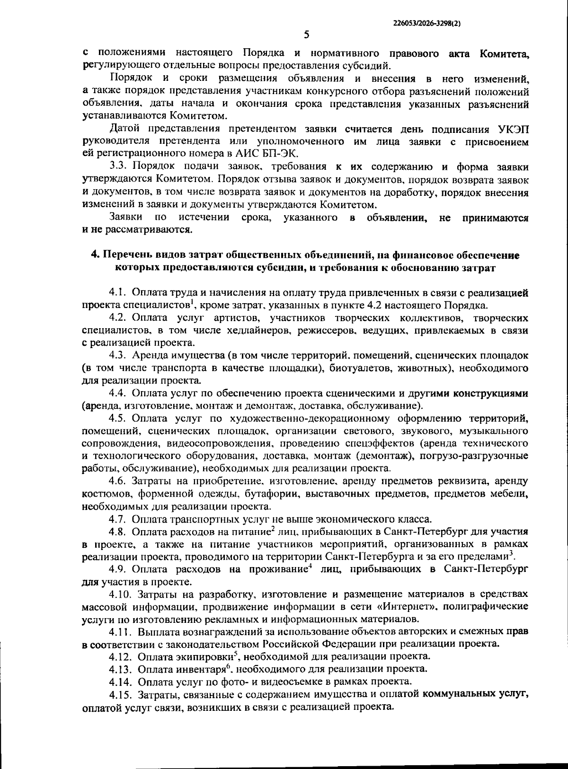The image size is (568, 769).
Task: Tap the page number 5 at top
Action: [306, 35]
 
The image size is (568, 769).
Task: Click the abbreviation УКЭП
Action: [513, 129]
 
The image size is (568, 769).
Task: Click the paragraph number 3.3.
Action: [118, 166]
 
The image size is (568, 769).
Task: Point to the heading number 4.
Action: [94, 255]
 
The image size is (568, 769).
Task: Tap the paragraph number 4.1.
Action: [118, 293]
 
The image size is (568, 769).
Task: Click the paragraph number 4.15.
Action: [121, 694]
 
